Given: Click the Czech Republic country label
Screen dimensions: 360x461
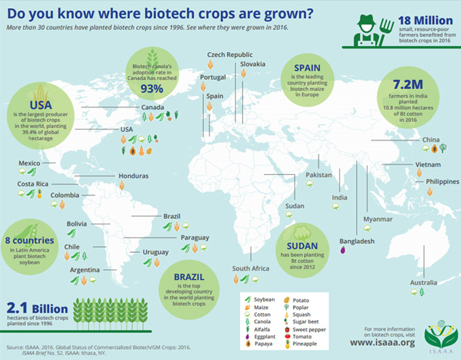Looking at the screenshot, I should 230,54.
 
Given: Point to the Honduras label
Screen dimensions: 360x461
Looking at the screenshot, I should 133,176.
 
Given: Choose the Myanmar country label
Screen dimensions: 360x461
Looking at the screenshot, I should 378,220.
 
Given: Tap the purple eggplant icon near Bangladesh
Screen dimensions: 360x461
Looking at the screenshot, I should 342,249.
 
